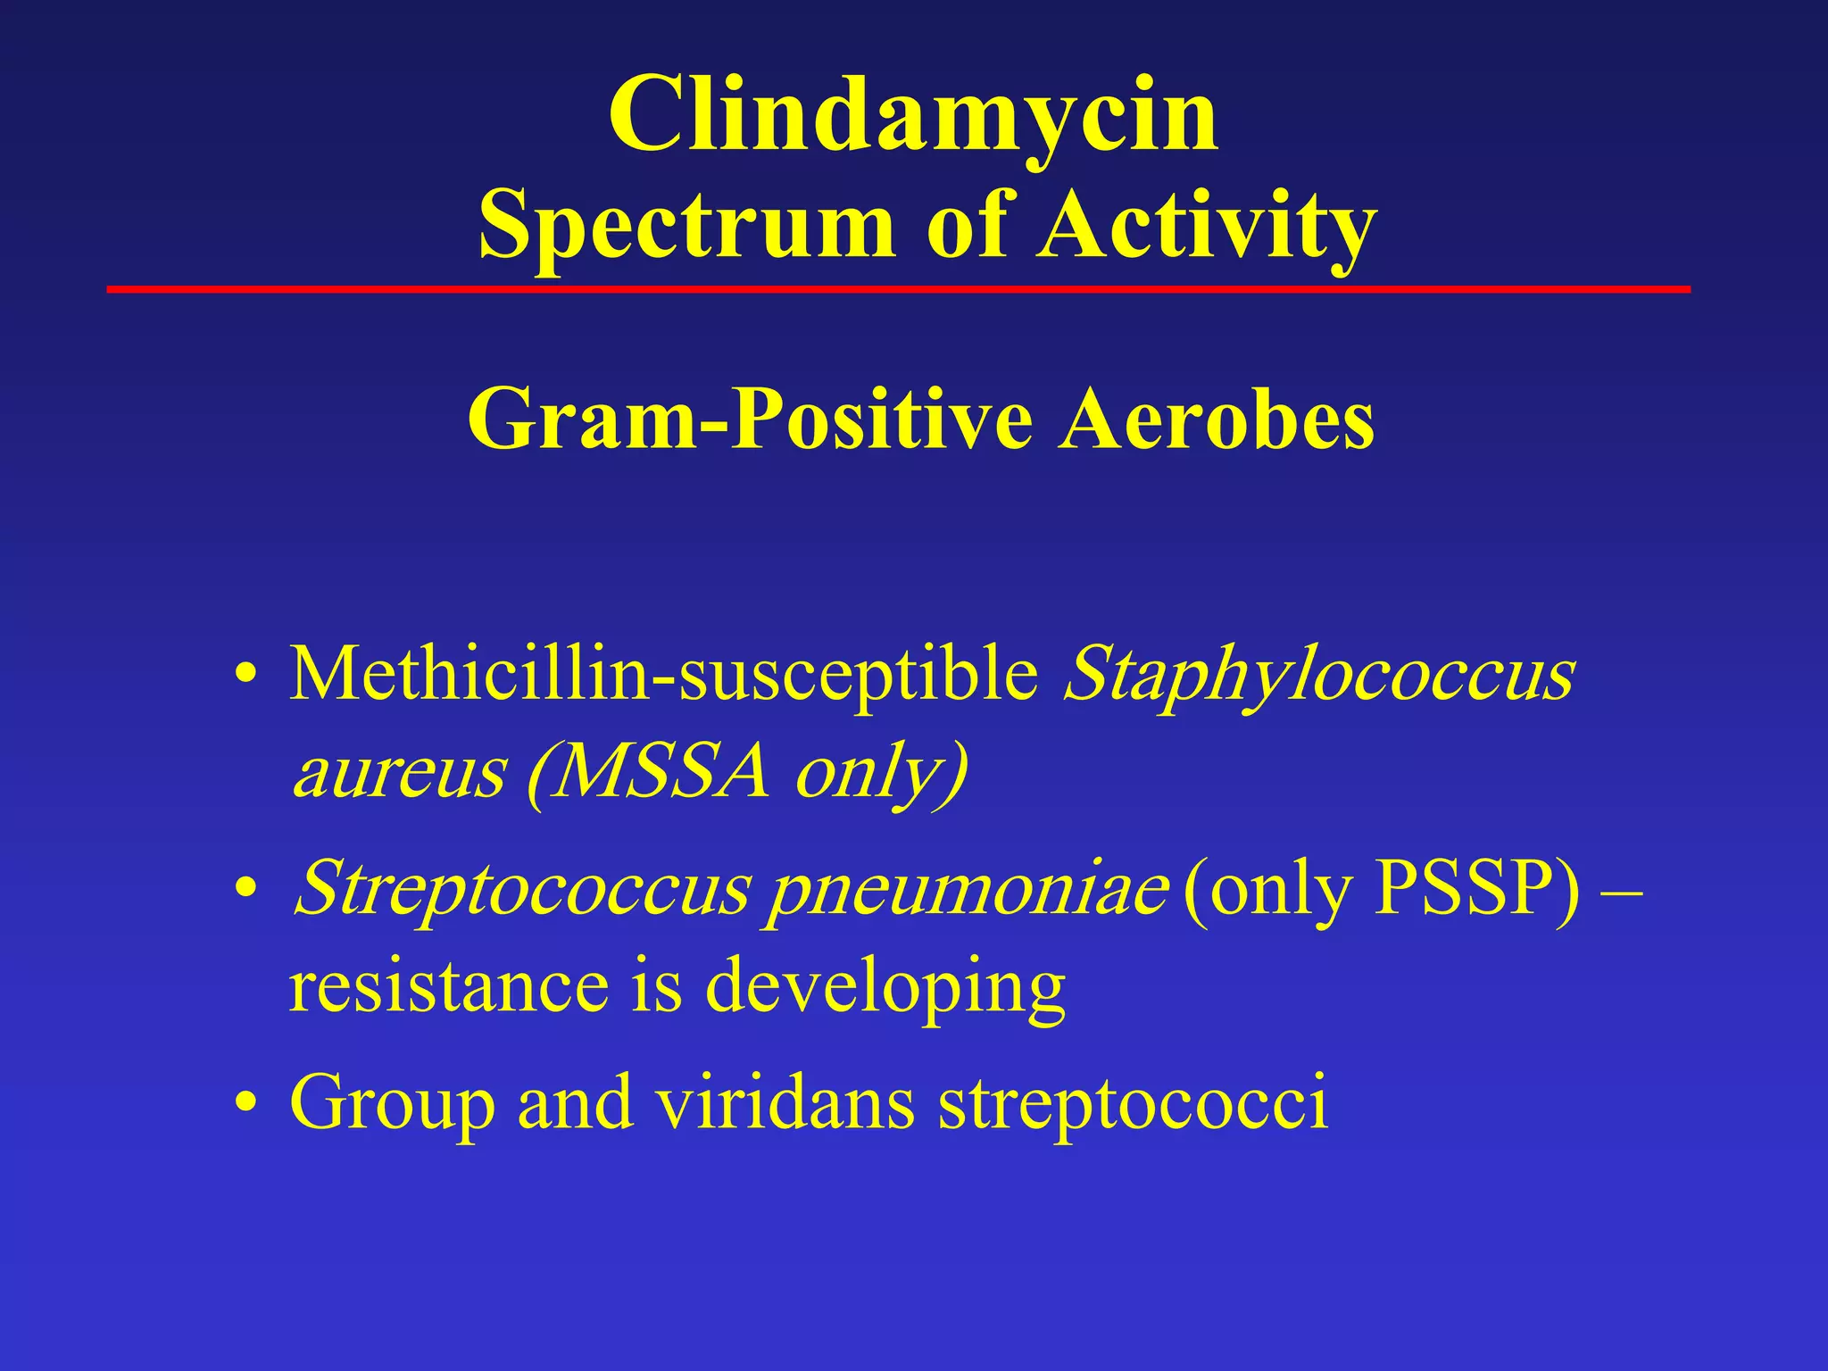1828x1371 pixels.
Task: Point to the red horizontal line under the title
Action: pyautogui.click(x=898, y=289)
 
